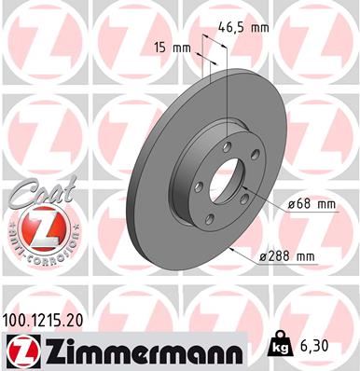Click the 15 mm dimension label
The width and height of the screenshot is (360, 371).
165,47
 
